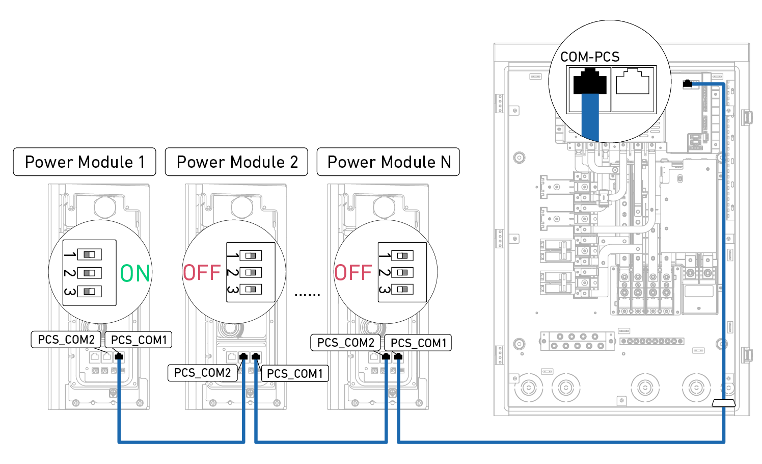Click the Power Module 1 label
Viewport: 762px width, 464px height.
pyautogui.click(x=85, y=162)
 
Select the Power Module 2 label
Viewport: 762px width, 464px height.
pyautogui.click(x=237, y=162)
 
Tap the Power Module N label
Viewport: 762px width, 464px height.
pyautogui.click(x=389, y=162)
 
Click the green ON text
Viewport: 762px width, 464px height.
pyautogui.click(x=135, y=273)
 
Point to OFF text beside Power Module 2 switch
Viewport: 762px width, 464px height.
pyautogui.click(x=202, y=273)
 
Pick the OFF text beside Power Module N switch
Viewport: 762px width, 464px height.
pyautogui.click(x=353, y=273)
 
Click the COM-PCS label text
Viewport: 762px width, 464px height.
pyautogui.click(x=590, y=57)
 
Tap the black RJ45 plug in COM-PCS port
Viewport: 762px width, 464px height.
pyautogui.click(x=590, y=82)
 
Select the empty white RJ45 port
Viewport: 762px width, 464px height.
pyautogui.click(x=633, y=82)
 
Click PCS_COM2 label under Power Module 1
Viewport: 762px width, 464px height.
pyautogui.click(x=66, y=340)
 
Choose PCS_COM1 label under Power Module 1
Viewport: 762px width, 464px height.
pyautogui.click(x=139, y=340)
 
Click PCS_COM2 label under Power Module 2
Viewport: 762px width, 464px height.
pyautogui.click(x=203, y=373)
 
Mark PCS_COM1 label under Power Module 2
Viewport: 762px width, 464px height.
pyautogui.click(x=295, y=374)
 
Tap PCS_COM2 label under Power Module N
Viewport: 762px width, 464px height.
pyautogui.click(x=346, y=343)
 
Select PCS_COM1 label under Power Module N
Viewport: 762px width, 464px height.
pyautogui.click(x=418, y=343)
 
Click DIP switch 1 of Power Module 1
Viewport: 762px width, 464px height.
pyautogui.click(x=90, y=254)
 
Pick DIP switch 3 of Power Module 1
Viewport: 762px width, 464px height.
pyautogui.click(x=90, y=291)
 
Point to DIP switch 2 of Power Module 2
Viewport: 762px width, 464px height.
pyautogui.click(x=251, y=272)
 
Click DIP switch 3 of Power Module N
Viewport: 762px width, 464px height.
pyautogui.click(x=402, y=289)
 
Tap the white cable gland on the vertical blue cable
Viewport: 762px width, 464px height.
pyautogui.click(x=723, y=403)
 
